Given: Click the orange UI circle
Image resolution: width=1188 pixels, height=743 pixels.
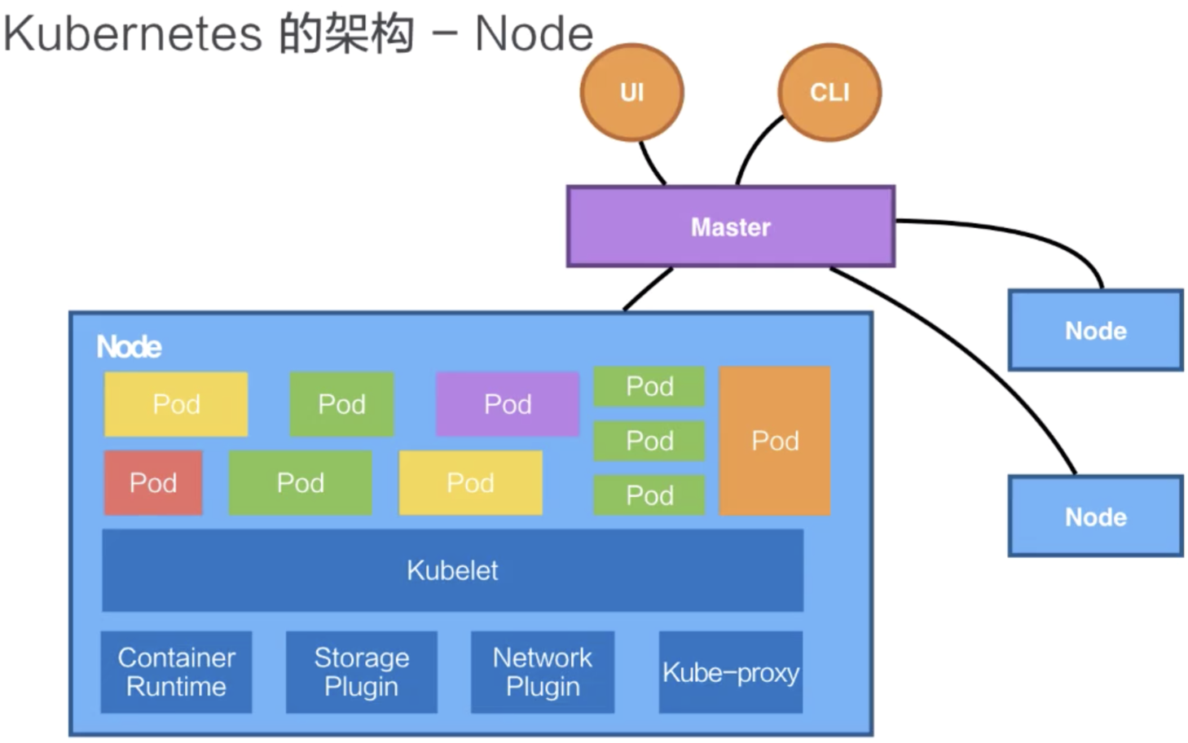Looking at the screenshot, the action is (x=631, y=92).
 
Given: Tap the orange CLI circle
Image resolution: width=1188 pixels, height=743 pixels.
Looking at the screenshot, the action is (x=830, y=92).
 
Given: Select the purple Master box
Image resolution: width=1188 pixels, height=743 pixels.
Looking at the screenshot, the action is (x=731, y=226).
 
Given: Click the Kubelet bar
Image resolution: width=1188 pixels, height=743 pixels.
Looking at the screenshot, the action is (x=452, y=570).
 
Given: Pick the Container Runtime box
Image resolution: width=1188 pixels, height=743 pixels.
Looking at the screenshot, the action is (x=176, y=672).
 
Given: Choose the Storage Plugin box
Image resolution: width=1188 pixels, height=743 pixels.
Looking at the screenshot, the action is (x=362, y=672).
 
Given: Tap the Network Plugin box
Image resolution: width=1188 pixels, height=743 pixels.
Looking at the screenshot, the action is (x=543, y=672).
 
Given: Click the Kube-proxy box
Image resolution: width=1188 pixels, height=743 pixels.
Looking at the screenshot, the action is (x=731, y=672).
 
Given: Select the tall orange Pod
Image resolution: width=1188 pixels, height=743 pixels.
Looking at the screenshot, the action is (x=775, y=441).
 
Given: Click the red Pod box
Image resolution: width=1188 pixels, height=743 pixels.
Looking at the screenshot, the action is (x=153, y=482).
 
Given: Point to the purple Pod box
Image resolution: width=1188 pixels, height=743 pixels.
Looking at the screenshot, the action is (x=508, y=404).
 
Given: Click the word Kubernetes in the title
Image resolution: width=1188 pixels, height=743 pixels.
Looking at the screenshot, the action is (x=133, y=34).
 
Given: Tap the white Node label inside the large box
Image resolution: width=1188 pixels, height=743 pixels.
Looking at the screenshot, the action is (x=129, y=347).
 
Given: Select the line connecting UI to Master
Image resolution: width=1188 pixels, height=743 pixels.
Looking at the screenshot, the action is (x=652, y=163).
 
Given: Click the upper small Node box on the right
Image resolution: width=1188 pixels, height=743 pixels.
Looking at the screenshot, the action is (x=1096, y=330).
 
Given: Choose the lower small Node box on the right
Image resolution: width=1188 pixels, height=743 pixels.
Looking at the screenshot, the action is (x=1096, y=516).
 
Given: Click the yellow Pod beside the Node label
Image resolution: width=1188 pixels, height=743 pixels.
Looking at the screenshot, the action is (x=176, y=404).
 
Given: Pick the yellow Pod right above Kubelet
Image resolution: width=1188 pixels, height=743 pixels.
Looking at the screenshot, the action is (x=470, y=482).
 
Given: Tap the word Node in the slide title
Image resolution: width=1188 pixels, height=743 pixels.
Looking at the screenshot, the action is (x=534, y=34).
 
